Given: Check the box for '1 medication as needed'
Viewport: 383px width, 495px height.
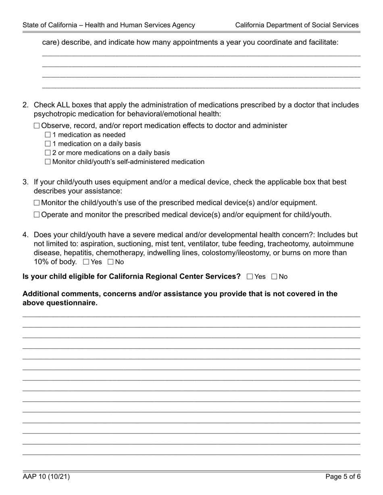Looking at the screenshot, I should (x=48, y=135).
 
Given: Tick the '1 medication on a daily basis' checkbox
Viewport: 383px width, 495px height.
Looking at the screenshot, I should (x=48, y=144).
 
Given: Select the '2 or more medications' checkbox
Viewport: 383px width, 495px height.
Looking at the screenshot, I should (x=48, y=153).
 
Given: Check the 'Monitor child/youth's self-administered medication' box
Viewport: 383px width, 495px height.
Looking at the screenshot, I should (x=48, y=162).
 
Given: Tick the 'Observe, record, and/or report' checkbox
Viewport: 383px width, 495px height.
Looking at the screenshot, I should (x=37, y=126).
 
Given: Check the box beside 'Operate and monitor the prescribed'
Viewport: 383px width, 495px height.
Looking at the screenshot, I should (x=37, y=214).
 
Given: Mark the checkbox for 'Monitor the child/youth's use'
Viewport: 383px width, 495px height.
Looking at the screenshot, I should (x=37, y=203).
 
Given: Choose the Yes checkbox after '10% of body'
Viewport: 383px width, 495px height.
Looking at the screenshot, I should (x=86, y=262).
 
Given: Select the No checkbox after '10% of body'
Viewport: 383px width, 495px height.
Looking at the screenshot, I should (x=110, y=262).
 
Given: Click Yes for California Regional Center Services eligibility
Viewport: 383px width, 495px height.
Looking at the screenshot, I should (x=250, y=276).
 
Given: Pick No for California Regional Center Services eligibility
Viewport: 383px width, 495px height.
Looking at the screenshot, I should (x=275, y=276).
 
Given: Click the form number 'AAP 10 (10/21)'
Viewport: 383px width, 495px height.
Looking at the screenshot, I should (x=46, y=477).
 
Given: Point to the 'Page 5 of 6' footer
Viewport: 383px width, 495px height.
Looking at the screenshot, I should (x=343, y=477).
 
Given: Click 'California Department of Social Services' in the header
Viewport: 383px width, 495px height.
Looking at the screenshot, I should (x=297, y=25).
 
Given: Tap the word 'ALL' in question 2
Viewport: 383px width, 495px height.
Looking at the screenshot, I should (x=64, y=105).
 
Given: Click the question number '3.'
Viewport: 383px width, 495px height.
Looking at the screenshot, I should (x=25, y=182).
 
